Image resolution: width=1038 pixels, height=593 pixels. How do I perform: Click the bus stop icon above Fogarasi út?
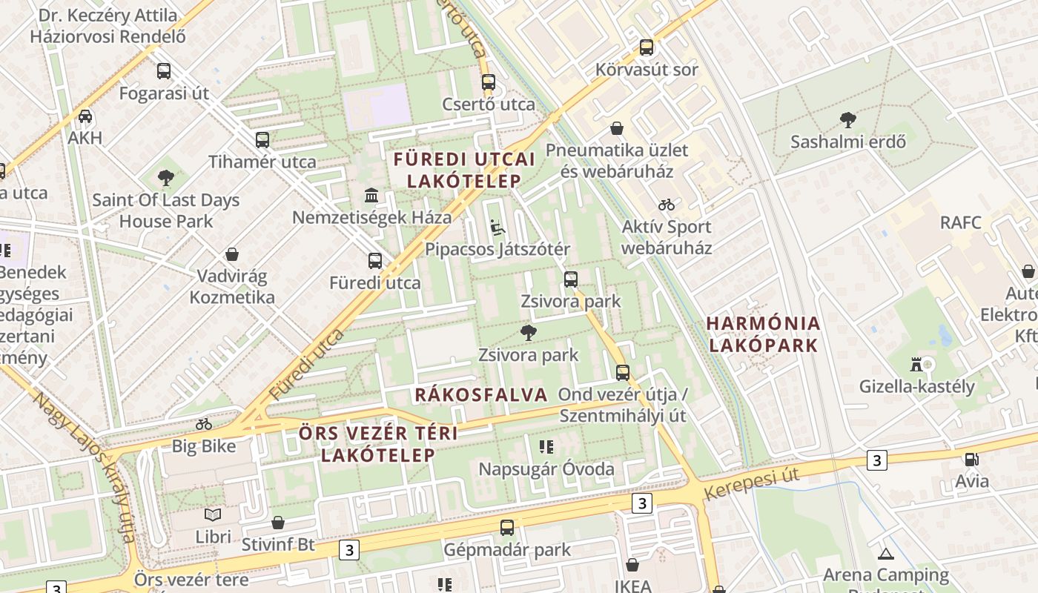click(x=164, y=71)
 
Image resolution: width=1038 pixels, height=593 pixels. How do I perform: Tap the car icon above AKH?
click(x=85, y=116)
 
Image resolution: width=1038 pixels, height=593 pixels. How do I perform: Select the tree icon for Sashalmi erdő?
click(x=847, y=119)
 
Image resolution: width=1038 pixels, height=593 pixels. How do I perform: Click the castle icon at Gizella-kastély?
click(x=916, y=364)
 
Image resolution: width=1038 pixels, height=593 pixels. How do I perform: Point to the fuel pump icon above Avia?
click(x=971, y=459)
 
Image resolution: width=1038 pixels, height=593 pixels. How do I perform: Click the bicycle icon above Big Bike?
click(x=204, y=424)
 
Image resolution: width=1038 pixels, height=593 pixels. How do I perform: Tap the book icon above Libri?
click(x=213, y=514)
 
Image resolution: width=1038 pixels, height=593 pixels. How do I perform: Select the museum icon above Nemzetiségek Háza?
click(x=371, y=195)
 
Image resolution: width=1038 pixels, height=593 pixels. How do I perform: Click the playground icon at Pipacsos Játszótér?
click(x=497, y=227)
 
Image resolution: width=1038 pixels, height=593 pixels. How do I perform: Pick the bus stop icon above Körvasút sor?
click(x=647, y=47)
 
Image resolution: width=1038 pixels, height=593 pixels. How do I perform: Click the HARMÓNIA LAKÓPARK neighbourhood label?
click(x=764, y=334)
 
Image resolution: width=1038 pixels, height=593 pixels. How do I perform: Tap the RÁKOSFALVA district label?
click(x=480, y=394)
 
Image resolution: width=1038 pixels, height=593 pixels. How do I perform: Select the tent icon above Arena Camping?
click(x=885, y=553)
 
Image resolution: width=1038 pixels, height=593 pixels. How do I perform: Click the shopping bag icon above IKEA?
click(x=632, y=565)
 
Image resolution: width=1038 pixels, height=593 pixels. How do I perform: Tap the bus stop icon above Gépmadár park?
click(x=507, y=528)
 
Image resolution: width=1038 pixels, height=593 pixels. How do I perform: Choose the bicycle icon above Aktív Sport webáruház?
click(x=667, y=205)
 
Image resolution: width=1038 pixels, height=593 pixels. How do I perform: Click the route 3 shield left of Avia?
click(x=877, y=460)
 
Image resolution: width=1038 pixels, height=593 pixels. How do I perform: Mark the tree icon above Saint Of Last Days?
click(x=166, y=178)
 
